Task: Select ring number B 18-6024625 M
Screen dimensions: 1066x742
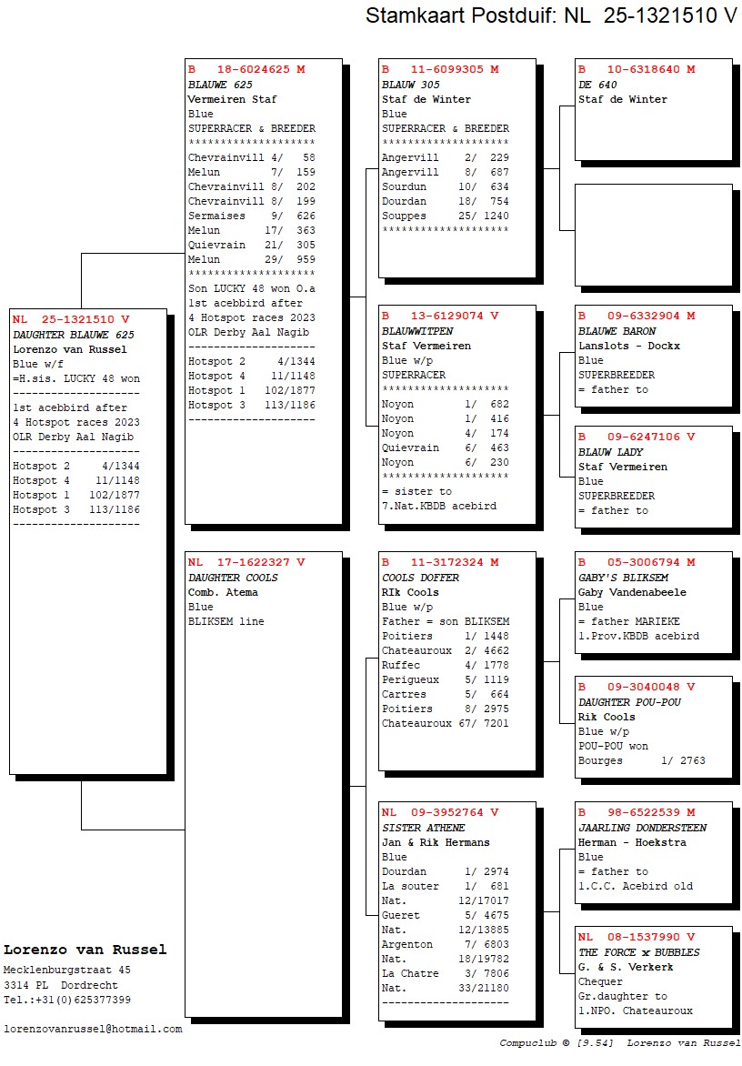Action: pyautogui.click(x=246, y=69)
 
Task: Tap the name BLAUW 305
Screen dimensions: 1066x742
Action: pyautogui.click(x=411, y=85)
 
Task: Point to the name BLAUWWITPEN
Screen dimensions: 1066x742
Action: pyautogui.click(x=417, y=331)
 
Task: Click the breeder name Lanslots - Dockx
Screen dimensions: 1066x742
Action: pyautogui.click(x=628, y=346)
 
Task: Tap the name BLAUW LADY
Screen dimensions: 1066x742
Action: pyautogui.click(x=610, y=452)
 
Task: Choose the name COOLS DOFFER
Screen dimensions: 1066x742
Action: pyautogui.click(x=420, y=578)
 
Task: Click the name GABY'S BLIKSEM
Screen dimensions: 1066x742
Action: pyautogui.click(x=623, y=578)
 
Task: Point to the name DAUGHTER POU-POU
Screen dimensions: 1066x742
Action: pyautogui.click(x=629, y=702)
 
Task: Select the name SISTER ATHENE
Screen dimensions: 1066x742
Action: pyautogui.click(x=423, y=828)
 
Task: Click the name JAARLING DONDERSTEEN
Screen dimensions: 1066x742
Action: pyautogui.click(x=642, y=828)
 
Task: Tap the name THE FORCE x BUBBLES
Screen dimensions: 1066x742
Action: pyautogui.click(x=638, y=952)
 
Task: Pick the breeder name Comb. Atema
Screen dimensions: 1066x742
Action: pyautogui.click(x=223, y=592)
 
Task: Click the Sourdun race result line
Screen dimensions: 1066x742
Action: pyautogui.click(x=445, y=186)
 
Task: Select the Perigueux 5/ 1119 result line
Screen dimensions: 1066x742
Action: pyautogui.click(x=445, y=679)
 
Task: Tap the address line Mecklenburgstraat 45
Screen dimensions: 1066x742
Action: pyautogui.click(x=67, y=970)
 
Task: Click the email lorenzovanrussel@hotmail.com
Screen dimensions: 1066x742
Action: pyautogui.click(x=93, y=1029)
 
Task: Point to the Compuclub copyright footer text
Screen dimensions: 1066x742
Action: pyautogui.click(x=619, y=1042)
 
